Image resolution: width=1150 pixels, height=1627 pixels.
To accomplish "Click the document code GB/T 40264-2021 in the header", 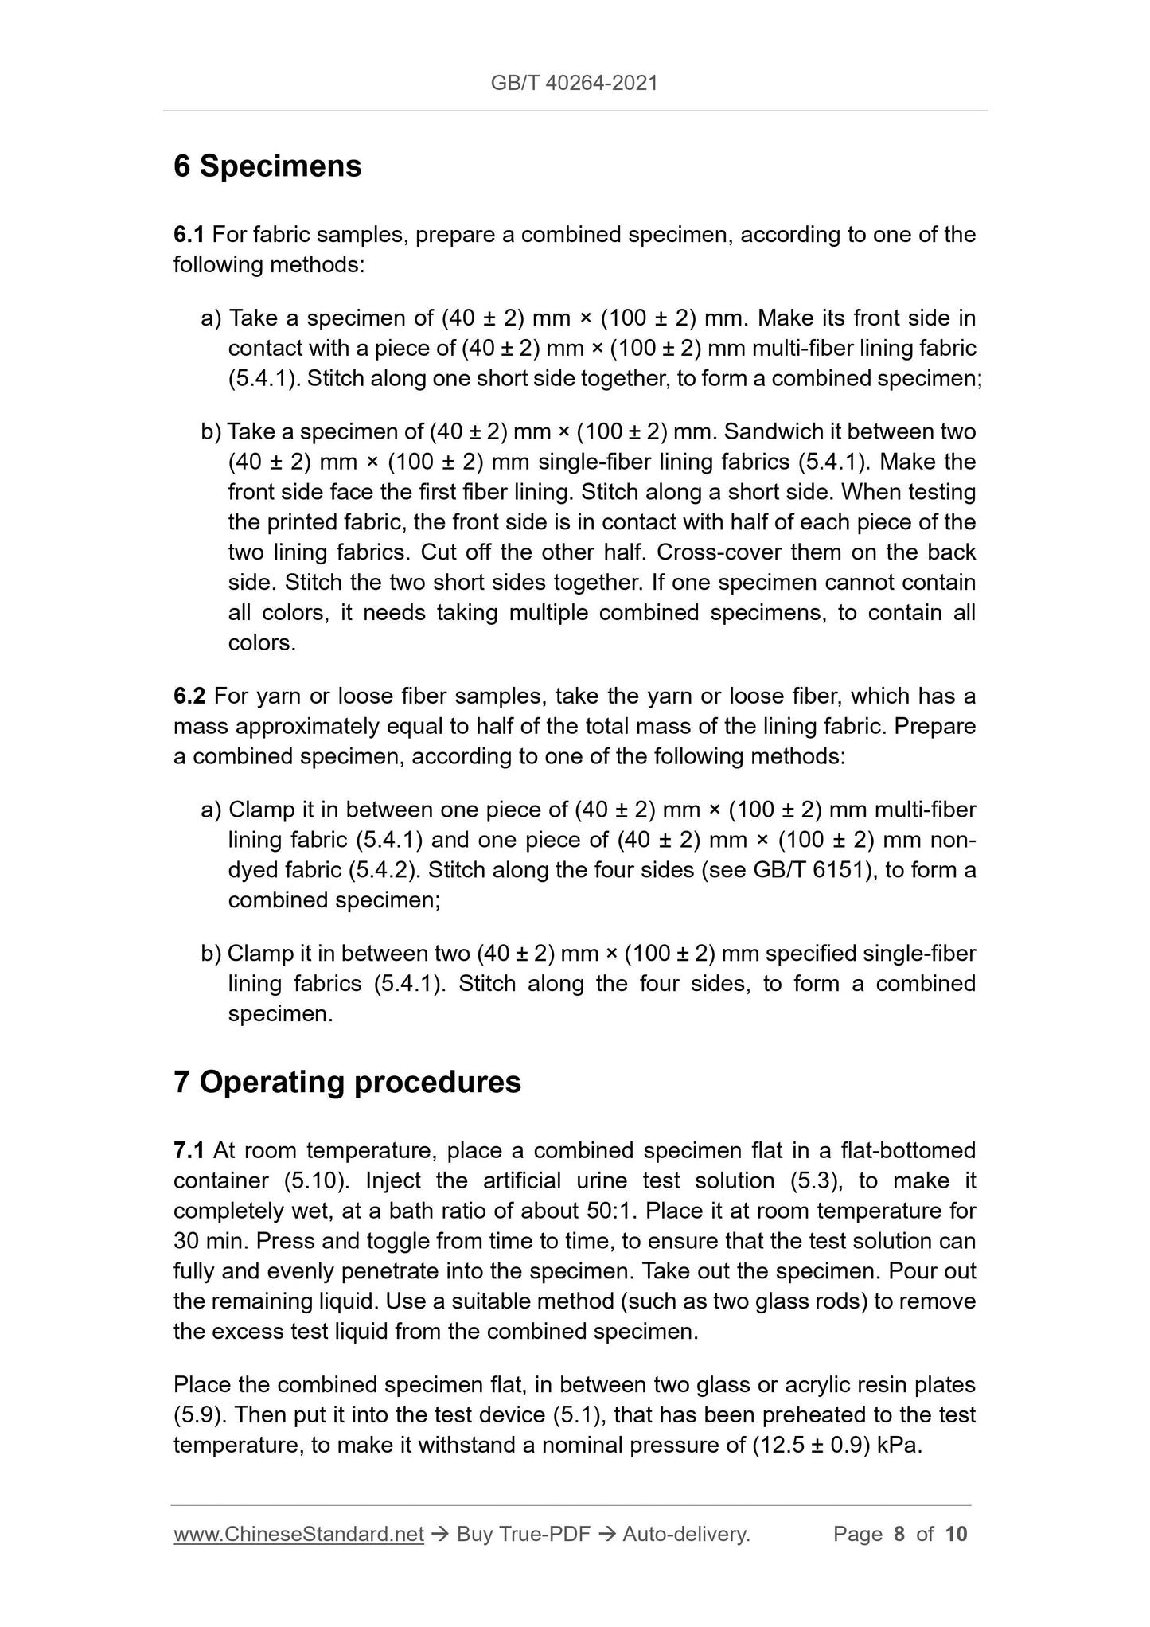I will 574,84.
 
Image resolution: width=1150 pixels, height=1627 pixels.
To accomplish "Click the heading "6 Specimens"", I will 267,166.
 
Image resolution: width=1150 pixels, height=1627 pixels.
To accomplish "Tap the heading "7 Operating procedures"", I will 347,1082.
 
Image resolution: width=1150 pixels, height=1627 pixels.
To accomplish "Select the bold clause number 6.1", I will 189,235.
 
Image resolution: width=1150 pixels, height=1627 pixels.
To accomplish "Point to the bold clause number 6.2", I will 189,696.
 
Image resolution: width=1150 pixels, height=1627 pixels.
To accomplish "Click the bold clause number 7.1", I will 189,1150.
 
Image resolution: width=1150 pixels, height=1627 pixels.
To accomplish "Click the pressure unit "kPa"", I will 899,1445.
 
